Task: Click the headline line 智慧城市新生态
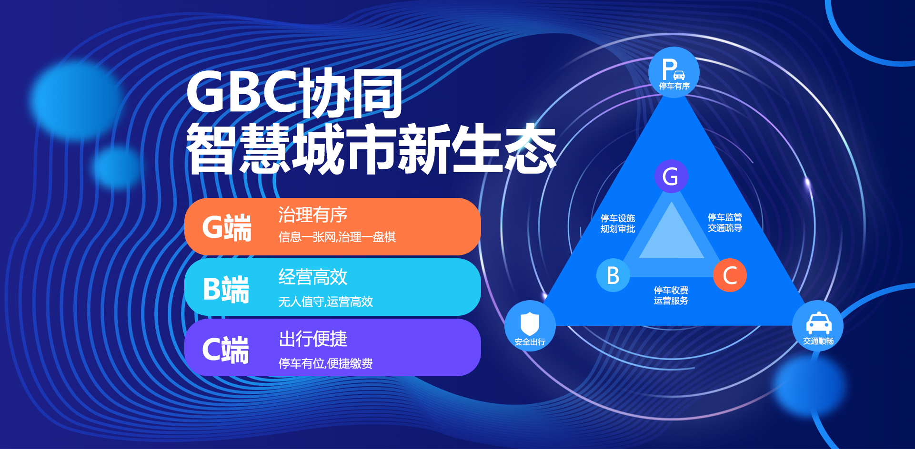tap(372, 148)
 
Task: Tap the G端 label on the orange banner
tap(227, 227)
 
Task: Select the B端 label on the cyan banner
tap(226, 289)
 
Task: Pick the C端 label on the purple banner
tap(225, 350)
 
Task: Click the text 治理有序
tap(313, 215)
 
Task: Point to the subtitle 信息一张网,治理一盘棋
tap(337, 237)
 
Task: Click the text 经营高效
tap(313, 277)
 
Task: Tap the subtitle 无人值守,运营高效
tap(326, 302)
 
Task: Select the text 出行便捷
tap(313, 339)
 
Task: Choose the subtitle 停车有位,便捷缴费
tap(326, 363)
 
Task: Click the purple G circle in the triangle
tap(671, 176)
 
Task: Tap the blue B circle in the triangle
tap(613, 275)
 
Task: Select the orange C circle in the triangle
tap(730, 275)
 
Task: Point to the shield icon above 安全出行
tap(530, 324)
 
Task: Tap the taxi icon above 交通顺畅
tap(819, 323)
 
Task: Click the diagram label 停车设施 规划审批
tap(618, 224)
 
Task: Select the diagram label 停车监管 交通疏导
tap(725, 223)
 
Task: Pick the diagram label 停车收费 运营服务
tap(671, 295)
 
